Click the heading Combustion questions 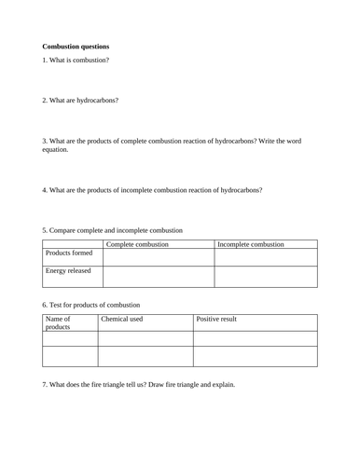point(76,46)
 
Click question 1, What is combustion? point(76,61)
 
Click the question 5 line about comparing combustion point(113,229)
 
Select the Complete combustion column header point(138,244)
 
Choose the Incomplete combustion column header point(251,244)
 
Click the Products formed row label point(70,254)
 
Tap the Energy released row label point(70,271)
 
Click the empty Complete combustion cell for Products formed point(159,257)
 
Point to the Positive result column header point(216,319)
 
